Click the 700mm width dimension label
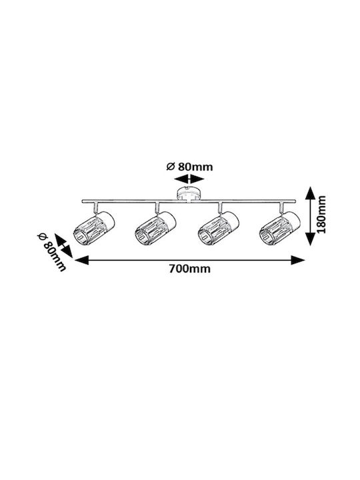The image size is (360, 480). coord(190,269)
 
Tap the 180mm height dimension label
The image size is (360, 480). coord(321,214)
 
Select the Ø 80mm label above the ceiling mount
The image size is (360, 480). coord(189,167)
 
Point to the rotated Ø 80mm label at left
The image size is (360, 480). coord(51,252)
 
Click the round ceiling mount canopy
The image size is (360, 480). coord(189,194)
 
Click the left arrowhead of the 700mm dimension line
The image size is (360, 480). coord(81,260)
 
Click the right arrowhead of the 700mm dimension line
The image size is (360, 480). coord(298,260)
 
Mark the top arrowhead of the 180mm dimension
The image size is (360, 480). coord(311,193)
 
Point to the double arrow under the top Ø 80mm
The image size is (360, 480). coord(189,179)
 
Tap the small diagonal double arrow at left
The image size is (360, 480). coord(63,245)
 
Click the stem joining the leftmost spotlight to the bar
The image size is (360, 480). coord(95,207)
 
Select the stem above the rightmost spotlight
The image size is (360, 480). coord(281,207)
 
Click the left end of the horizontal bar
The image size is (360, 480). coord(82,201)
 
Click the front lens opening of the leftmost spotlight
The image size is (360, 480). coord(79,236)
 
